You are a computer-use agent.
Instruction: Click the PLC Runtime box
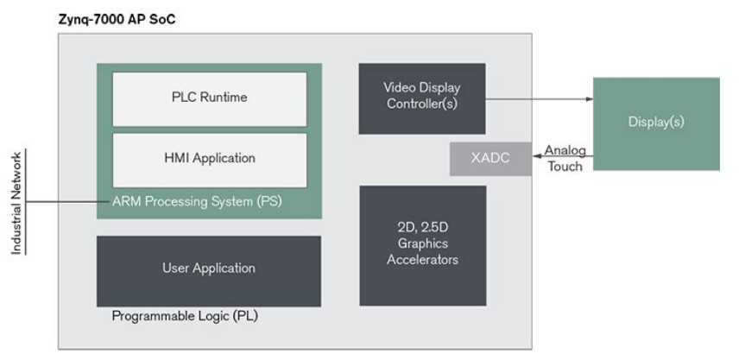click(210, 98)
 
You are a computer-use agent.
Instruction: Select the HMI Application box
click(210, 159)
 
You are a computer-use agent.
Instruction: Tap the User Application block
click(208, 268)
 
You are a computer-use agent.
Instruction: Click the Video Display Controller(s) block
click(422, 97)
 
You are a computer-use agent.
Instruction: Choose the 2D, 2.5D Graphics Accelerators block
click(422, 244)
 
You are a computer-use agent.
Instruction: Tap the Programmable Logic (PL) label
click(185, 316)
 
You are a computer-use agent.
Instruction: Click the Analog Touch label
click(565, 158)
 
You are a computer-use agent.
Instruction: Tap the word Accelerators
click(422, 260)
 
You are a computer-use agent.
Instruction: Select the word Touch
click(565, 166)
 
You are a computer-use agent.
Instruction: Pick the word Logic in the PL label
click(207, 316)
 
